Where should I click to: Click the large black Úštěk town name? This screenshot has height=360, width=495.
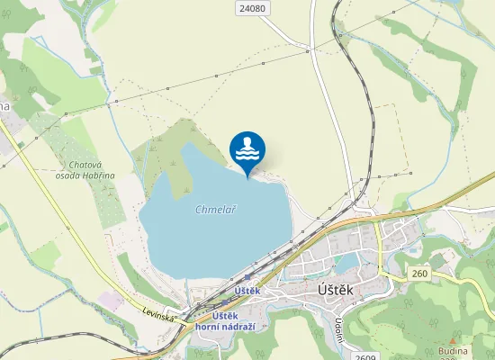click(x=339, y=291)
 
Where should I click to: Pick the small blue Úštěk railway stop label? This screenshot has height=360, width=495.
click(x=246, y=291)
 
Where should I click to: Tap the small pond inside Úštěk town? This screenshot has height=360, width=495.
click(x=346, y=262)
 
